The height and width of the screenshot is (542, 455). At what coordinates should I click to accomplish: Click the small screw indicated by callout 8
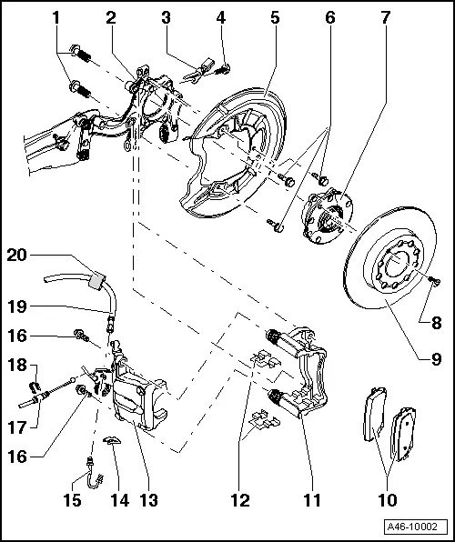432,282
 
